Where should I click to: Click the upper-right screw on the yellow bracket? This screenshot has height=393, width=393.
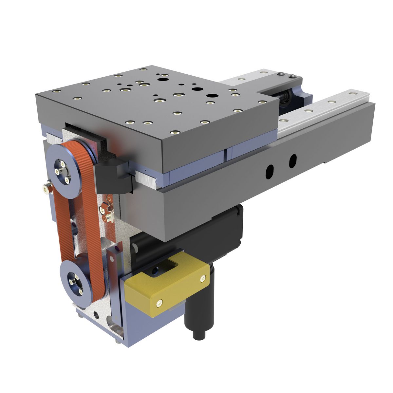203,278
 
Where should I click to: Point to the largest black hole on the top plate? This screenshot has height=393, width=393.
212,97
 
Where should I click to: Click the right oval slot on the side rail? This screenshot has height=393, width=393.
292,161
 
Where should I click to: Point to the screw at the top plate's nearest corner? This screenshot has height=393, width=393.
175,133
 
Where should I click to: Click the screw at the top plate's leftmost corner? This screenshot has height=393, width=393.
56,91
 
